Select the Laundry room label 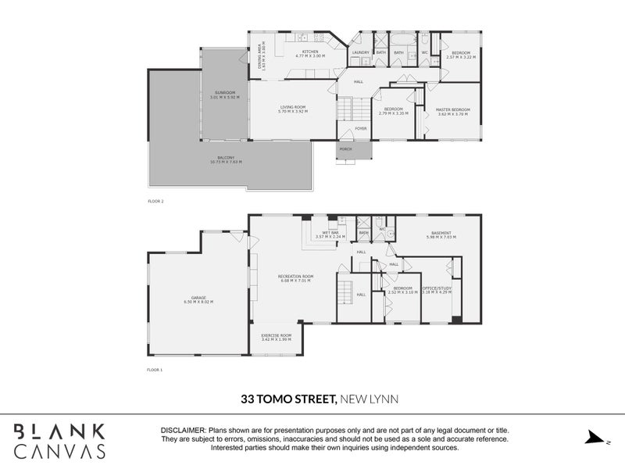[360, 52]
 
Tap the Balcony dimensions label [226, 160]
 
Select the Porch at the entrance [345, 149]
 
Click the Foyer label [361, 128]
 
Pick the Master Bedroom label [453, 111]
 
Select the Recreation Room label [295, 277]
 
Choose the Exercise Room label [276, 338]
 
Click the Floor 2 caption [155, 201]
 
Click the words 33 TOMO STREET [287, 399]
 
